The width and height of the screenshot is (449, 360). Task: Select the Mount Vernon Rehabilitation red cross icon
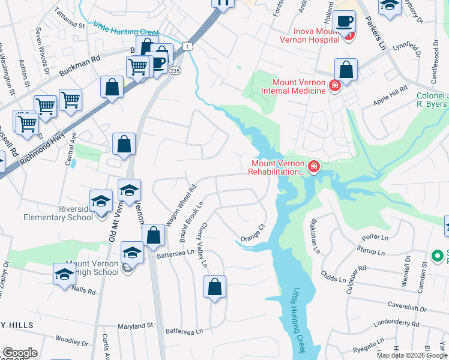(x=313, y=166)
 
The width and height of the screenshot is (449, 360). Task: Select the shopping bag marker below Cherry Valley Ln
(x=215, y=288)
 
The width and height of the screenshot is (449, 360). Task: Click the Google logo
(x=20, y=353)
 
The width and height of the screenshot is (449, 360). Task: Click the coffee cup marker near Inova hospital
(x=345, y=22)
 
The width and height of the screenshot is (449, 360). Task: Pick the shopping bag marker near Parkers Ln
(x=346, y=70)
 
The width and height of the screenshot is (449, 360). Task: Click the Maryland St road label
(x=134, y=326)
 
